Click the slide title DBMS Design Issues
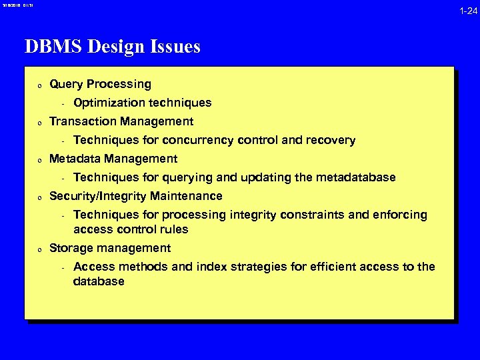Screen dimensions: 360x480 (x=112, y=47)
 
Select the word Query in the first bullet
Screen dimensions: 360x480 (x=65, y=85)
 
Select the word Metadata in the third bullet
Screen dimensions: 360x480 (x=75, y=159)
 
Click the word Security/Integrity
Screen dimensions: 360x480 (x=98, y=196)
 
